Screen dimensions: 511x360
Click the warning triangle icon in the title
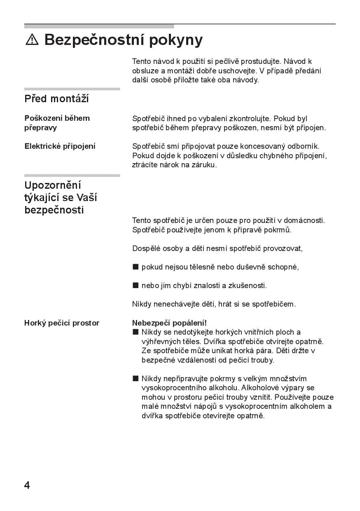[32, 40]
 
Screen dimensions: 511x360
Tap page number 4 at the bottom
[27, 485]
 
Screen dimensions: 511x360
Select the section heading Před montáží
[56, 99]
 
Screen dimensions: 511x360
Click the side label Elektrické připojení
[60, 146]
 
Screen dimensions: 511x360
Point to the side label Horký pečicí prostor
[62, 323]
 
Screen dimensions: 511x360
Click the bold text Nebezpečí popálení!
[169, 323]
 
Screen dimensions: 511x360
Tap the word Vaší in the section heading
[86, 197]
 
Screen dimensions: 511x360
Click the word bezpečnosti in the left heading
[54, 210]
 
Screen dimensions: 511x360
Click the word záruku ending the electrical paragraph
[203, 165]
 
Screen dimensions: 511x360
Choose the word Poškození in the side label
[43, 118]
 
